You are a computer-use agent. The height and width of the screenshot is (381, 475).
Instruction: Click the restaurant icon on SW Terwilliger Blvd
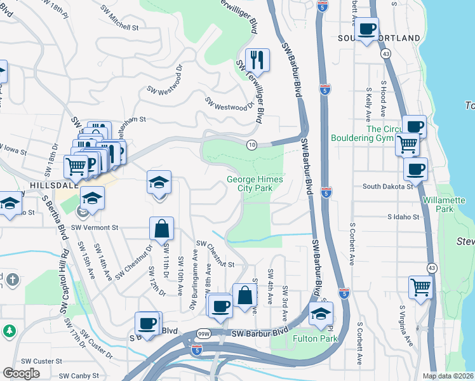(x=257, y=60)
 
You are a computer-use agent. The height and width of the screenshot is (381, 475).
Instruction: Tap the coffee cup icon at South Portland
(x=366, y=29)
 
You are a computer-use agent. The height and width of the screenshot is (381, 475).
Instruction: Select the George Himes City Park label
(x=255, y=184)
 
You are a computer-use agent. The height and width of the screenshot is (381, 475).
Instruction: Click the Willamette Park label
(x=444, y=204)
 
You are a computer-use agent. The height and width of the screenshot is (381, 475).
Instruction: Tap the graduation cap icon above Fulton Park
(x=321, y=314)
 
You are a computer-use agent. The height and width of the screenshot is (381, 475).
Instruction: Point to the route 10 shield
(x=252, y=145)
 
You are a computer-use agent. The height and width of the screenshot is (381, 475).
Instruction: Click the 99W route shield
(x=204, y=334)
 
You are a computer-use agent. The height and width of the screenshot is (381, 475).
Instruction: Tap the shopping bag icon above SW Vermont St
(x=162, y=229)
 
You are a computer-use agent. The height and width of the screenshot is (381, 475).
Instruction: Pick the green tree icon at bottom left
(x=10, y=331)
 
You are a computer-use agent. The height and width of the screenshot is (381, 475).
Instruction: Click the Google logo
(x=21, y=373)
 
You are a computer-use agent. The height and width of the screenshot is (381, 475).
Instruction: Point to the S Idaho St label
(x=404, y=217)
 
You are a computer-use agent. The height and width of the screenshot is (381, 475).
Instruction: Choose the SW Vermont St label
(x=95, y=227)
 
